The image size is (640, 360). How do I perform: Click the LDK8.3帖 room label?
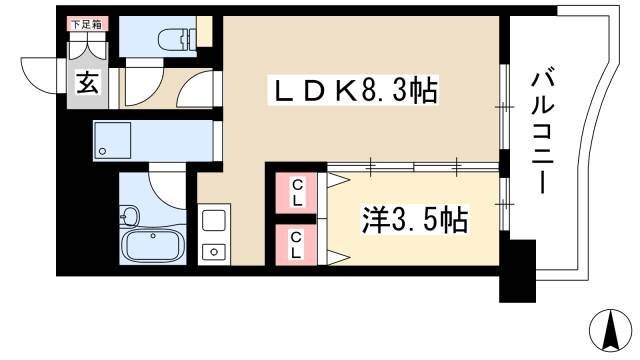[355, 92]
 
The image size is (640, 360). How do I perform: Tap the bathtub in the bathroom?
[153, 244]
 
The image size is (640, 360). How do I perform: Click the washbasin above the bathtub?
[129, 215]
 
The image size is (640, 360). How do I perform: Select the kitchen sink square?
[214, 220]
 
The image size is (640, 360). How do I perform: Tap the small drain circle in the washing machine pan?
[102, 152]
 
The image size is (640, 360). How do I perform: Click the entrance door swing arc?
[38, 72]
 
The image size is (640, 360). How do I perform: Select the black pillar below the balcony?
[517, 272]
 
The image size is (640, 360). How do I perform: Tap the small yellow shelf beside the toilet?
[205, 33]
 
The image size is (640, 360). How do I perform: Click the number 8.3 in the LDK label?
[391, 92]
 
